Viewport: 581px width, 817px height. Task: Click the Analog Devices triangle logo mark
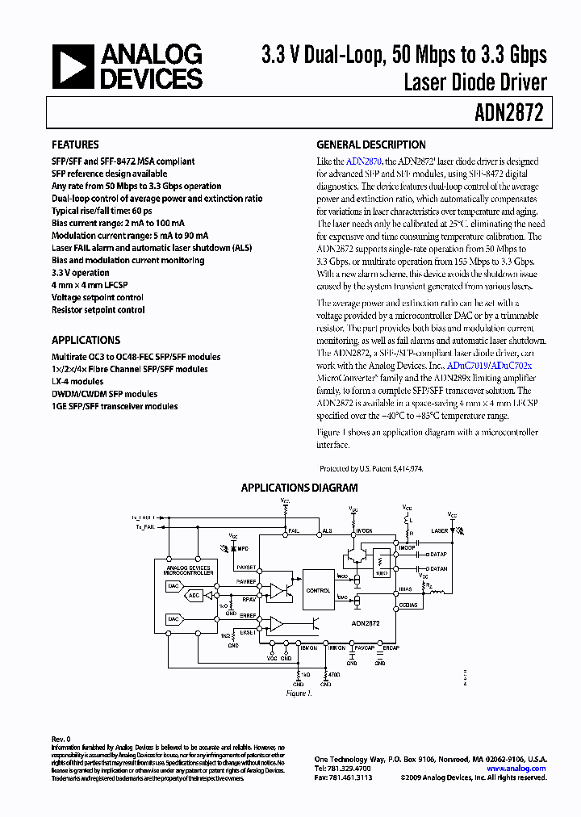(73, 66)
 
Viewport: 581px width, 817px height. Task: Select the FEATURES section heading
(75, 145)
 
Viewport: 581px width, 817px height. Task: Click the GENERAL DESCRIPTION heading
(370, 145)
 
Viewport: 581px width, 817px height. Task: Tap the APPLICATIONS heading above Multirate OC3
(86, 340)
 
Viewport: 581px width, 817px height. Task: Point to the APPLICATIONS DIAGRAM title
(299, 488)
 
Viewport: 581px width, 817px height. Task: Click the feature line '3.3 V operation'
(81, 273)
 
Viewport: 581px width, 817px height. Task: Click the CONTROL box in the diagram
(318, 590)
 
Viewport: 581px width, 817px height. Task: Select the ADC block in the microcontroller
(194, 596)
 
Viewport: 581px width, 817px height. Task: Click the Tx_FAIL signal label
(146, 526)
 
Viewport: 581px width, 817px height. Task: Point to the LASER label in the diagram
(439, 530)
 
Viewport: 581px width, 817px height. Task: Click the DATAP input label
(438, 555)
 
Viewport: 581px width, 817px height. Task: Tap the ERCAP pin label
(391, 647)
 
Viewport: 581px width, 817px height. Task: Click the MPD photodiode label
(242, 549)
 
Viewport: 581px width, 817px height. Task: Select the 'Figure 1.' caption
(299, 693)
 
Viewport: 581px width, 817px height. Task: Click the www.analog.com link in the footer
(522, 769)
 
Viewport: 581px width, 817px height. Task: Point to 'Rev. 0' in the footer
(61, 739)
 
